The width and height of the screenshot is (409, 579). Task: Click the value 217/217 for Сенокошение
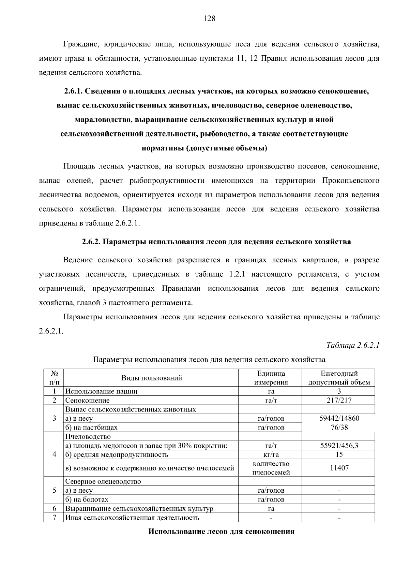(339, 400)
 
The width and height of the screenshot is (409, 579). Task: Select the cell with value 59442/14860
(339, 418)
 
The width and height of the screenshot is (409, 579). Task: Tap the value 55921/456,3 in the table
(339, 445)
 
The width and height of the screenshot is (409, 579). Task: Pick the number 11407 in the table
(339, 468)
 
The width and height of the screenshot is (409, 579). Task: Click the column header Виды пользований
(152, 378)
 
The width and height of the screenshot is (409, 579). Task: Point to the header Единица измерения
(271, 378)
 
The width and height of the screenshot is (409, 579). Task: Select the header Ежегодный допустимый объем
(339, 378)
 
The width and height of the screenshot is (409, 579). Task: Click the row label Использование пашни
(101, 391)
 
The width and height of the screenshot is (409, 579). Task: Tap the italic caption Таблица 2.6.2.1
(353, 345)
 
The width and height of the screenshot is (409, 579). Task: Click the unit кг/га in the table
(271, 454)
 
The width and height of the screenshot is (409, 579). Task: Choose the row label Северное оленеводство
(103, 481)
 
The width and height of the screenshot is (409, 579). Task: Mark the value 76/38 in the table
(339, 427)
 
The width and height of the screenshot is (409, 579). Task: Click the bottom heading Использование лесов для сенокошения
(221, 532)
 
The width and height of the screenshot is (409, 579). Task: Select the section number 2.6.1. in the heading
(73, 91)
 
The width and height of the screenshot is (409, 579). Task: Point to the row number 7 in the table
(54, 518)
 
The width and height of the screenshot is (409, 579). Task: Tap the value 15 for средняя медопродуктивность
(339, 454)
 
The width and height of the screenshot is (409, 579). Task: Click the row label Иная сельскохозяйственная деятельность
(132, 518)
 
